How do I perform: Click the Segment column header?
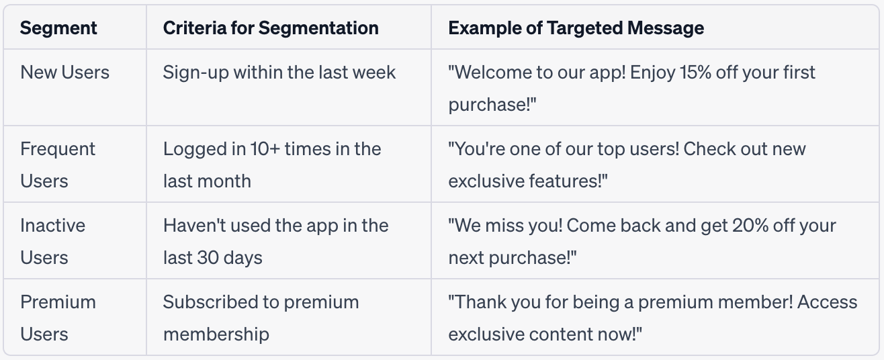pos(58,28)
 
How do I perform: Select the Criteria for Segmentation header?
pos(271,28)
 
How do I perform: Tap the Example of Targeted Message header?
pos(576,28)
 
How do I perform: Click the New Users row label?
pos(64,73)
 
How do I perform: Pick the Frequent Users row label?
pos(58,165)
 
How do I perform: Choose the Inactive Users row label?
pos(52,241)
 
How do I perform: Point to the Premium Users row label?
pos(58,318)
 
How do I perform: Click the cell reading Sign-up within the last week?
pos(279,73)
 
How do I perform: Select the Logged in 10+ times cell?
pos(271,165)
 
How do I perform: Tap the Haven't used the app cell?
pos(275,241)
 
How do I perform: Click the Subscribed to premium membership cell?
pos(261,318)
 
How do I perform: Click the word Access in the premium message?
pos(828,302)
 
